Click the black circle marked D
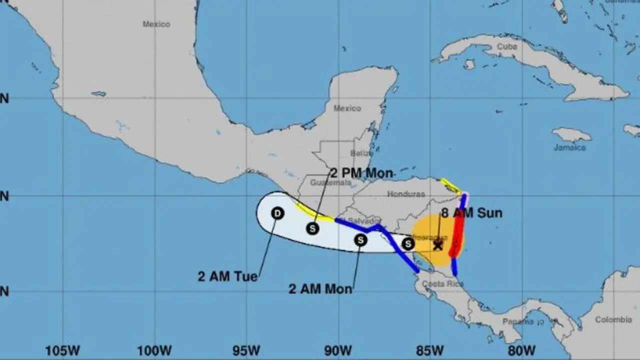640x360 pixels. [x=277, y=213]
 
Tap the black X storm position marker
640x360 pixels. [x=438, y=245]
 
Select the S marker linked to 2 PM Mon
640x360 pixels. [x=313, y=228]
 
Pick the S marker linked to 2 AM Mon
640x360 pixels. [x=360, y=240]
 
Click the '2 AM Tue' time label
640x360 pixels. [x=227, y=276]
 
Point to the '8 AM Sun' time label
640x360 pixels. [x=471, y=213]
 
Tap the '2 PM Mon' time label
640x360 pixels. [x=361, y=173]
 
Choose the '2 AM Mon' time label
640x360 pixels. [x=320, y=289]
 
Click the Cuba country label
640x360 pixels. [x=507, y=46]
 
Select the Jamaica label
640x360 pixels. [x=569, y=147]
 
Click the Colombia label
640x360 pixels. [x=613, y=319]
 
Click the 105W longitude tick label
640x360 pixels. [x=61, y=349]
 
